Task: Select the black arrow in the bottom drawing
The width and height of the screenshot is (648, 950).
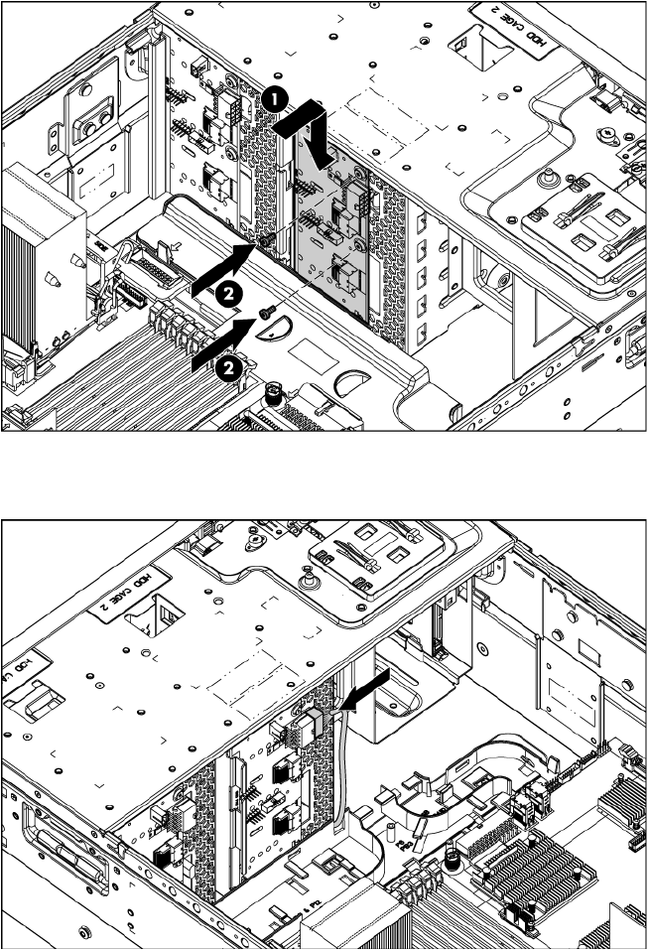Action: [x=365, y=686]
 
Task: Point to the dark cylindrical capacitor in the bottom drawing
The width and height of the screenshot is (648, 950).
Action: [x=453, y=855]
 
